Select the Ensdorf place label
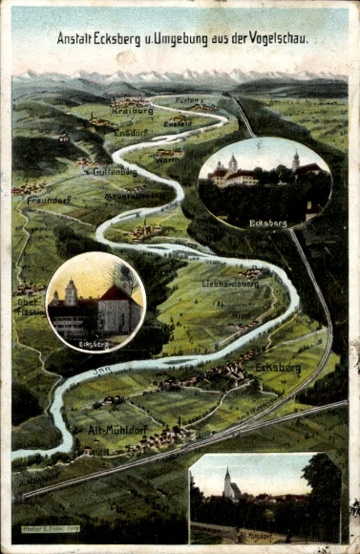tap(131, 133)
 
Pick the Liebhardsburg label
tap(230, 284)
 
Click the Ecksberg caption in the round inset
tap(94, 343)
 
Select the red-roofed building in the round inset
tap(119, 308)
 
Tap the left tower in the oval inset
tap(232, 164)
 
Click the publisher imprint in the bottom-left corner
tap(51, 528)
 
